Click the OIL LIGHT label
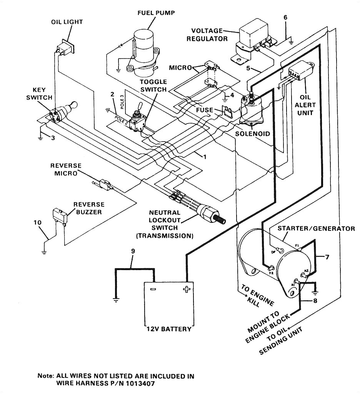67,22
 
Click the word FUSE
204,110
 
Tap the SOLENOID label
253,134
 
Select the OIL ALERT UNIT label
305,105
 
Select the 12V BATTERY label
168,329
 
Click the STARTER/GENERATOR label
316,229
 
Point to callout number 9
133,251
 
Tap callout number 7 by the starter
327,257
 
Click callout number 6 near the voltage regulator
285,18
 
